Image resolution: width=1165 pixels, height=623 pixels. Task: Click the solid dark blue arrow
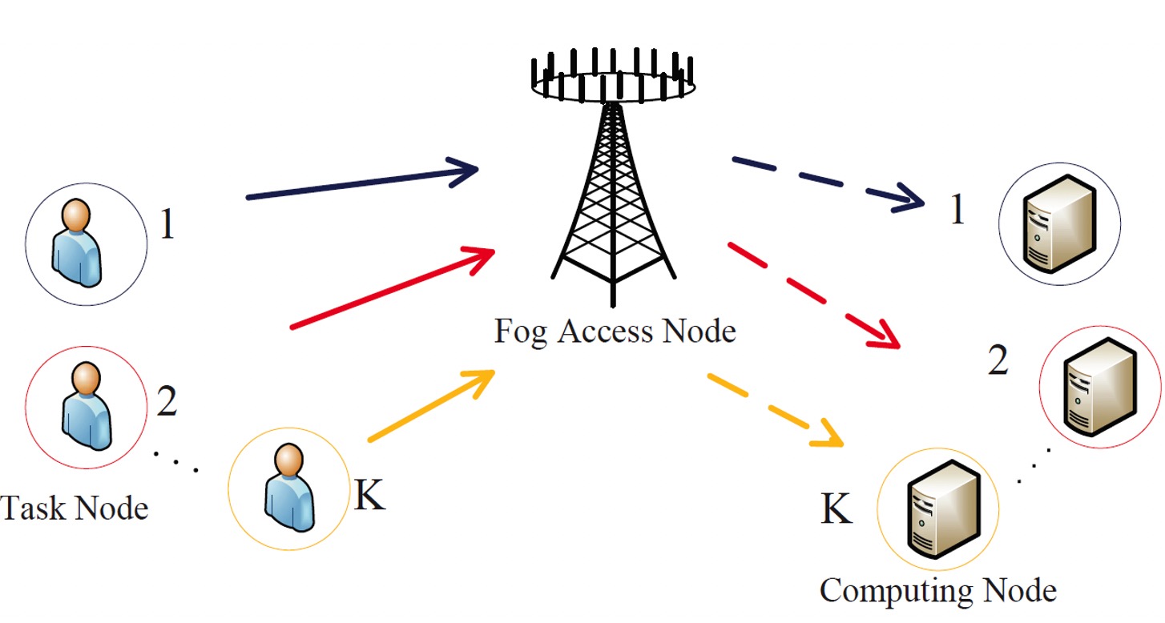pos(361,183)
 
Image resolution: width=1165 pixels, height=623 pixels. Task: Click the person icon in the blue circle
pos(77,243)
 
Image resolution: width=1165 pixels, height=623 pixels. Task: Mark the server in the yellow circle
pos(938,508)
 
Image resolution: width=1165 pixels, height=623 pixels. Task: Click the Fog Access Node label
pos(615,330)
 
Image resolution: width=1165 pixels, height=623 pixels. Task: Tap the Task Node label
pos(74,508)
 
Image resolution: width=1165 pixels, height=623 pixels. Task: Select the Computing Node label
pos(937,591)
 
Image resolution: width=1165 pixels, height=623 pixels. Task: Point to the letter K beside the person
pos(369,496)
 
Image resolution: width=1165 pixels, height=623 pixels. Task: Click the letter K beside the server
pos(836,509)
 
